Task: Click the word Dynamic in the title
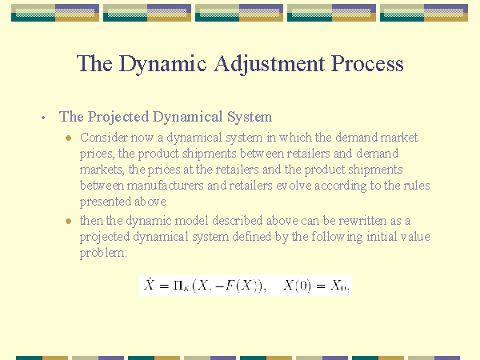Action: (x=162, y=64)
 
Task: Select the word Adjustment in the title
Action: (x=270, y=64)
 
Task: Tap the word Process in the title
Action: (x=367, y=64)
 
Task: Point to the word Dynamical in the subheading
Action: (x=187, y=117)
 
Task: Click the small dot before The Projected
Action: (x=43, y=118)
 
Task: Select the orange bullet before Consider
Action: (x=68, y=138)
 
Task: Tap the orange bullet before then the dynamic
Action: (x=68, y=221)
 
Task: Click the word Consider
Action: (x=104, y=138)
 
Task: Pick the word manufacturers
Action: (x=166, y=186)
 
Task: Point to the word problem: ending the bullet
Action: (x=103, y=253)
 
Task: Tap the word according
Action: (x=341, y=186)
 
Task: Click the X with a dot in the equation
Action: (x=149, y=284)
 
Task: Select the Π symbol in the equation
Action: (x=178, y=286)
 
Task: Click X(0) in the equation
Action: (x=297, y=286)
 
